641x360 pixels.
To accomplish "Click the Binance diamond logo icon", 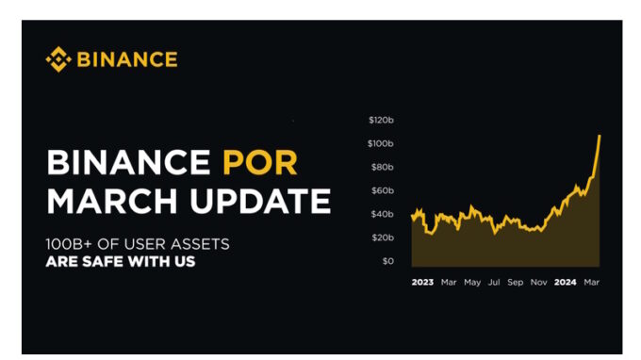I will [x=58, y=59].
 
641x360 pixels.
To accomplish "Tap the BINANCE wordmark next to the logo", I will [x=126, y=59].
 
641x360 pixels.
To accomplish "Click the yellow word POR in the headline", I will [x=259, y=163].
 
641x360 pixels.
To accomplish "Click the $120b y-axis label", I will [x=381, y=120].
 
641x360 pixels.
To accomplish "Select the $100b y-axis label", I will [x=381, y=143].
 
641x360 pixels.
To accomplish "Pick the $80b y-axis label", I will [x=382, y=167].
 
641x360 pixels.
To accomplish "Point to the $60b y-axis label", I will [x=382, y=190].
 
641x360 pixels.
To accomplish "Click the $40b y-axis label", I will [x=382, y=214].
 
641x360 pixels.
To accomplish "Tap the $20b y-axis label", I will [x=382, y=237].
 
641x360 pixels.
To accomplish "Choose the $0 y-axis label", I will [x=387, y=261].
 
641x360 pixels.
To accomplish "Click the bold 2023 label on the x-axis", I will [x=422, y=282].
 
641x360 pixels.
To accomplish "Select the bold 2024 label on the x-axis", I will [x=566, y=282].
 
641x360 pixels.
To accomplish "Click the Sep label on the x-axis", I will [x=516, y=282].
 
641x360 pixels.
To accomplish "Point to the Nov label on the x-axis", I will [x=539, y=282].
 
